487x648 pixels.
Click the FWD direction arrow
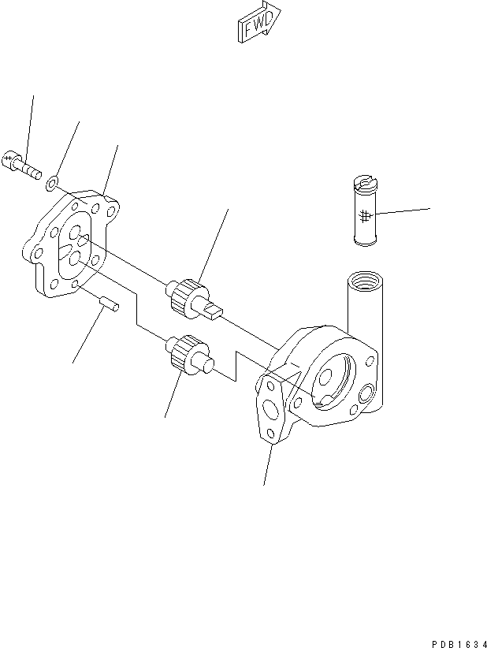256,24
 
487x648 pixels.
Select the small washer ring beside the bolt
51,184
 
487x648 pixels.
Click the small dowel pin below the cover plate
110,303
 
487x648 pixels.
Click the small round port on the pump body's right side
367,392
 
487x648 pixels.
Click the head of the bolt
12,160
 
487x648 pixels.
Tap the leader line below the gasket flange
269,465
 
